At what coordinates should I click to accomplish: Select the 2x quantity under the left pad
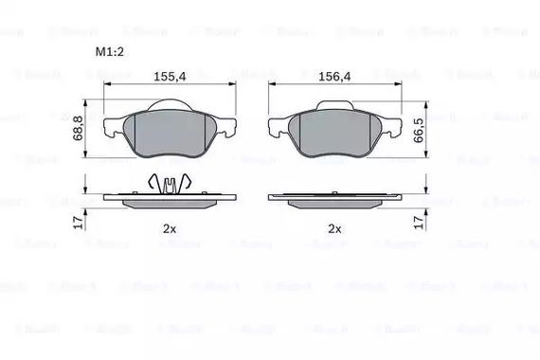coord(169,229)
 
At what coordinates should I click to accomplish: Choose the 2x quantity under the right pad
coord(334,229)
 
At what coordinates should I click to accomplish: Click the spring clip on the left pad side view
coord(168,184)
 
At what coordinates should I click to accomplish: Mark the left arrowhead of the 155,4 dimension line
coord(105,84)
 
